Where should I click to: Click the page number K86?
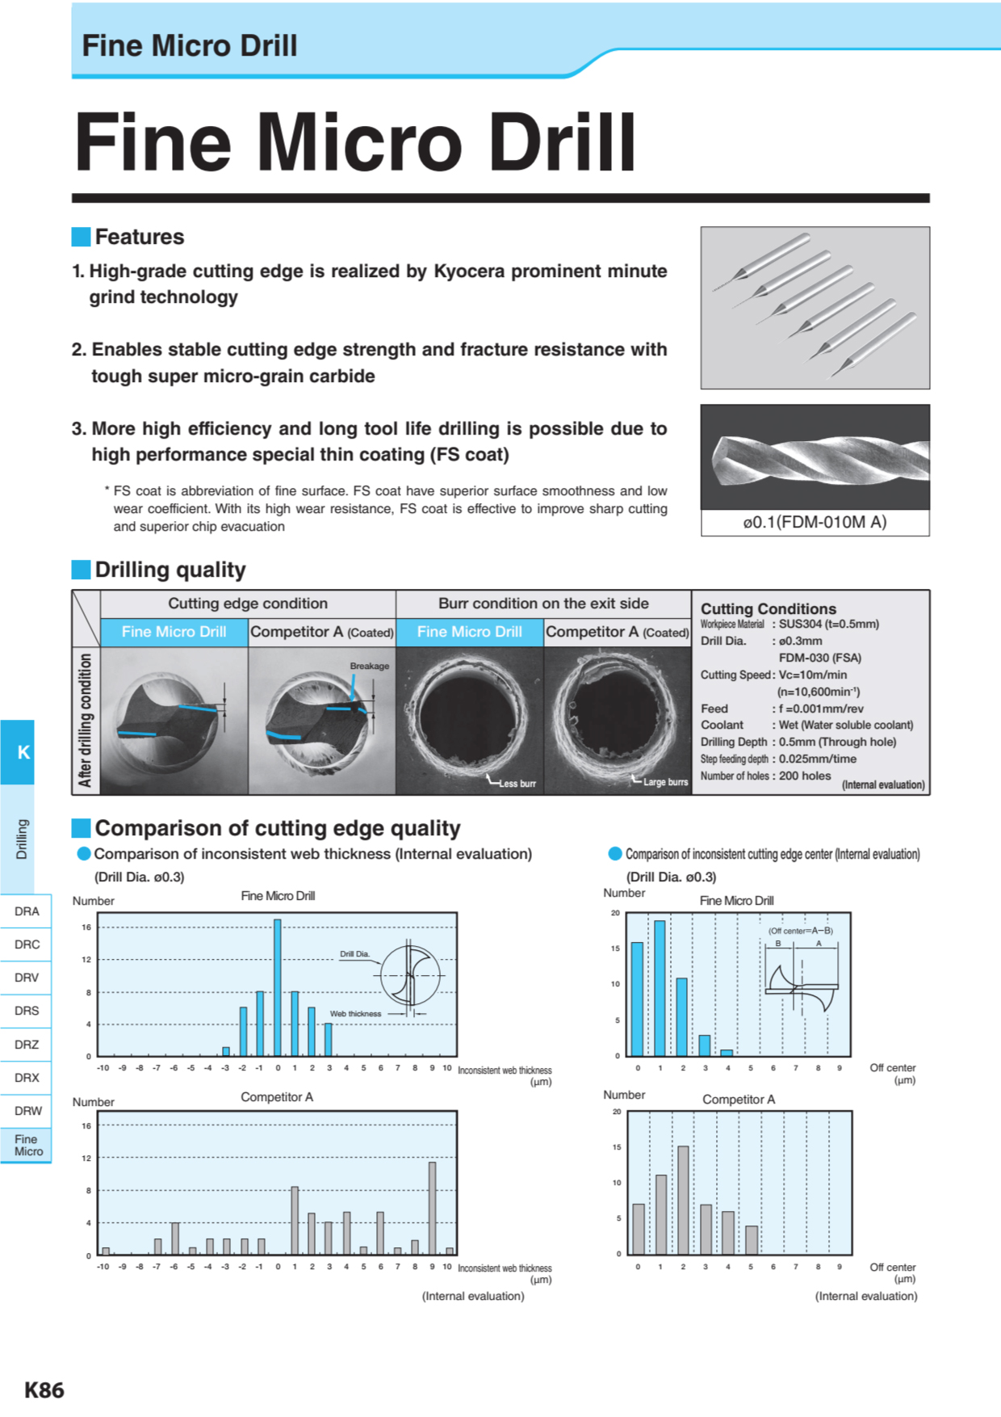pos(44,1390)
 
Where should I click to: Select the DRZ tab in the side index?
pos(27,1045)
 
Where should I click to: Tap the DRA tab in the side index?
pos(27,911)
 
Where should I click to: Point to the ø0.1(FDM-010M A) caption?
pos(815,522)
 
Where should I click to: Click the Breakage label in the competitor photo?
pos(369,666)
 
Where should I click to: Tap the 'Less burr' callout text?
pos(517,784)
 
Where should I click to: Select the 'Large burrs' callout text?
pos(665,782)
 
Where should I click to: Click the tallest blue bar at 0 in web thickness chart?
pos(278,987)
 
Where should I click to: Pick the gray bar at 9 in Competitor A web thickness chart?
pos(433,1208)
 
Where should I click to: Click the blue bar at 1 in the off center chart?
pos(660,988)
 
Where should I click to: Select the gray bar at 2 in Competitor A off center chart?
pos(683,1200)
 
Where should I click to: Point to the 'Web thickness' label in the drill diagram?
pos(355,1014)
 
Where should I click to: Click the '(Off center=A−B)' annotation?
pos(800,931)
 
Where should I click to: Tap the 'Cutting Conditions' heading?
pos(768,608)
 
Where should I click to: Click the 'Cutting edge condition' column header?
pos(248,603)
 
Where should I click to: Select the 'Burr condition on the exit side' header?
pos(543,603)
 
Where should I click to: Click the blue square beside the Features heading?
pos(81,237)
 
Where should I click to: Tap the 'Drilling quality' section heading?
pos(170,570)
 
